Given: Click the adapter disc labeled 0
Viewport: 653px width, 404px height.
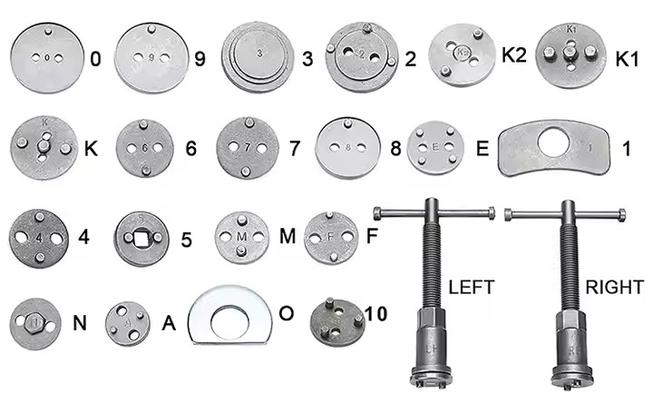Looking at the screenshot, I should tap(46, 57).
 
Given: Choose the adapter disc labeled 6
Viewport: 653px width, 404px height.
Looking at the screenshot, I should tap(145, 147).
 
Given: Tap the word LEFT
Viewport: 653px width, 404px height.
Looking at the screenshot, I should tap(472, 288).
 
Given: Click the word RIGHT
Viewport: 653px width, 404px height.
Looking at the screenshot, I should tap(613, 288).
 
